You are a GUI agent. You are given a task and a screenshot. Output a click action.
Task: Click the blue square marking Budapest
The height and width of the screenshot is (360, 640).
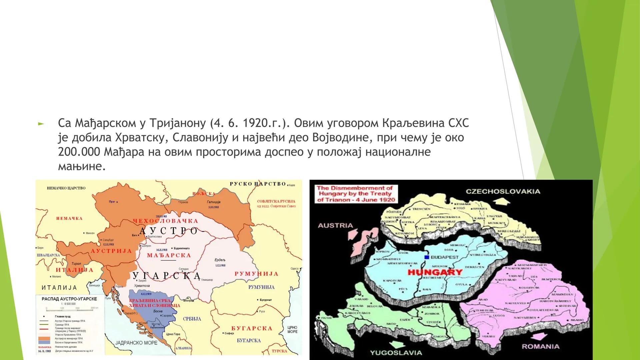(x=426, y=257)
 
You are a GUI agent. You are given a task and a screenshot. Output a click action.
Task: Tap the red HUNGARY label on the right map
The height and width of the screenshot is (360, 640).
(x=435, y=272)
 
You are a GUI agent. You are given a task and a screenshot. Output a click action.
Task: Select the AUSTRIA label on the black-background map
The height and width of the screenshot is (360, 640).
(x=335, y=225)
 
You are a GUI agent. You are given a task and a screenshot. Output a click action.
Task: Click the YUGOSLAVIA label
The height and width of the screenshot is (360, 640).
(x=396, y=352)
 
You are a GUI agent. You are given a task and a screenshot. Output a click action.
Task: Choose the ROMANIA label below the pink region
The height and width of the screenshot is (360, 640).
(x=540, y=346)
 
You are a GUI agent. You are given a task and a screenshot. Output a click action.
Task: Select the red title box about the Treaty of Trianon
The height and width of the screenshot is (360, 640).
(x=356, y=194)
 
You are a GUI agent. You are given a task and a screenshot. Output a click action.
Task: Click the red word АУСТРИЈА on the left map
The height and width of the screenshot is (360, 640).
(x=111, y=251)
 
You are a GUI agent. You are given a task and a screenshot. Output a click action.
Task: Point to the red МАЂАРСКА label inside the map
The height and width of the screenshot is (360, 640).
(x=169, y=255)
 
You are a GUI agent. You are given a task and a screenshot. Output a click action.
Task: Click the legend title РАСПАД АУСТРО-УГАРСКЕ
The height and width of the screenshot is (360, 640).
(x=69, y=299)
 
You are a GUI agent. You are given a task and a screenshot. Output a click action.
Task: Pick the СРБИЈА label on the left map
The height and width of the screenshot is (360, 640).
(x=192, y=319)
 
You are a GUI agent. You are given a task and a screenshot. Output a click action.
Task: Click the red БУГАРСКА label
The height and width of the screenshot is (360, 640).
(x=252, y=328)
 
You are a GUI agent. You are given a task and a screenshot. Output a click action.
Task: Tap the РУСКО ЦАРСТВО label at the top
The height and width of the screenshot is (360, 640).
(x=258, y=184)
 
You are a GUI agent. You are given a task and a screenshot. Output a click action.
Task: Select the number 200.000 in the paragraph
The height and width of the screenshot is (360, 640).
(x=79, y=152)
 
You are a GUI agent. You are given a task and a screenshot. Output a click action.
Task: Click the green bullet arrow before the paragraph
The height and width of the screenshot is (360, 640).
(x=41, y=124)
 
